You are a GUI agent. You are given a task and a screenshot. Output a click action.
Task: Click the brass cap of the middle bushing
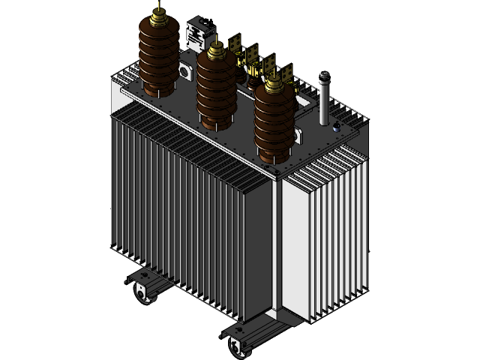click(x=217, y=53)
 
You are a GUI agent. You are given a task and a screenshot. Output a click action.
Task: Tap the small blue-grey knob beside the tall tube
click(x=337, y=127)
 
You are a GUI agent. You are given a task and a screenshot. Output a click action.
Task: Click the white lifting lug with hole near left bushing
click(x=184, y=71)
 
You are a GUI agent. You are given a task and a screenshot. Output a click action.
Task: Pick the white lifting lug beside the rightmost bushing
click(x=299, y=135)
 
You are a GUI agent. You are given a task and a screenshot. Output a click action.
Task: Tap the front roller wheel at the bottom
click(x=239, y=346)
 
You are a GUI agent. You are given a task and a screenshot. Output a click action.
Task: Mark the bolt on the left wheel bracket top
click(x=138, y=277)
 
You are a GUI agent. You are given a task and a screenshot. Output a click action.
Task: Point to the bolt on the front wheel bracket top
click(x=234, y=331)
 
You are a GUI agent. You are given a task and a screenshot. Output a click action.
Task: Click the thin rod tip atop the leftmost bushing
click(x=158, y=5)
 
